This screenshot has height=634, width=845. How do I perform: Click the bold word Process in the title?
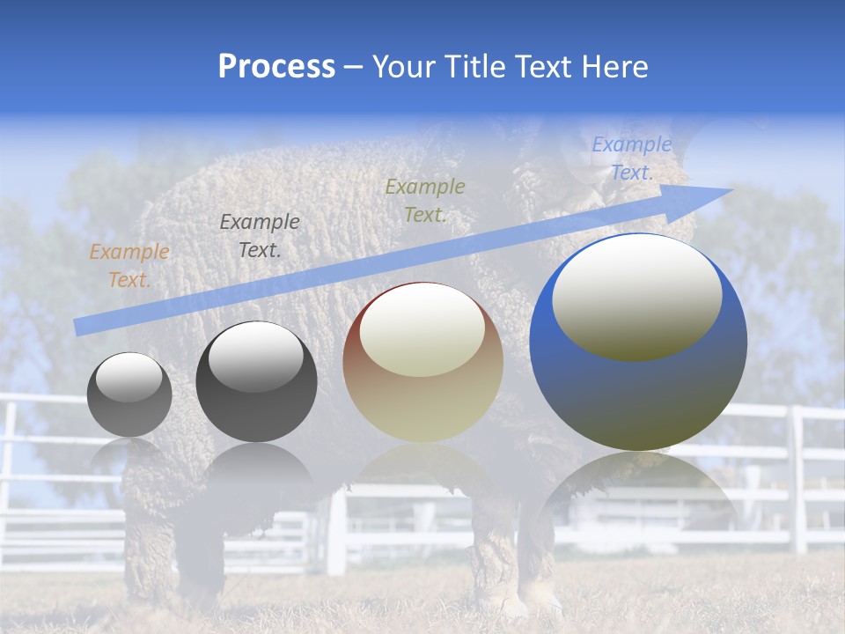[276, 66]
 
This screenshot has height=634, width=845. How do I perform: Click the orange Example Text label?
[129, 266]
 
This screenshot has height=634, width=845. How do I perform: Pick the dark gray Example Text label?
[260, 236]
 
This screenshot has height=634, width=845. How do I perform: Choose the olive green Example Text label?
[425, 201]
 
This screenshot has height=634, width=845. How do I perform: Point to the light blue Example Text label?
[632, 158]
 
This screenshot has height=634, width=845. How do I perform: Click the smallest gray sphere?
[129, 394]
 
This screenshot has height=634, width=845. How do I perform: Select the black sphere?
[256, 382]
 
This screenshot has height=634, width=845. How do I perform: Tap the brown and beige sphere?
[422, 362]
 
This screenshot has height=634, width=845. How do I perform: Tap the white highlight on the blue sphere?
[636, 296]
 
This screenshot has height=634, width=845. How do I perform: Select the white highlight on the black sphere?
[256, 356]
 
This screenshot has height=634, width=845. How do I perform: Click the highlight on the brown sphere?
[422, 328]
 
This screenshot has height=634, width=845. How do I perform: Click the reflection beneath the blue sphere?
[638, 493]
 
